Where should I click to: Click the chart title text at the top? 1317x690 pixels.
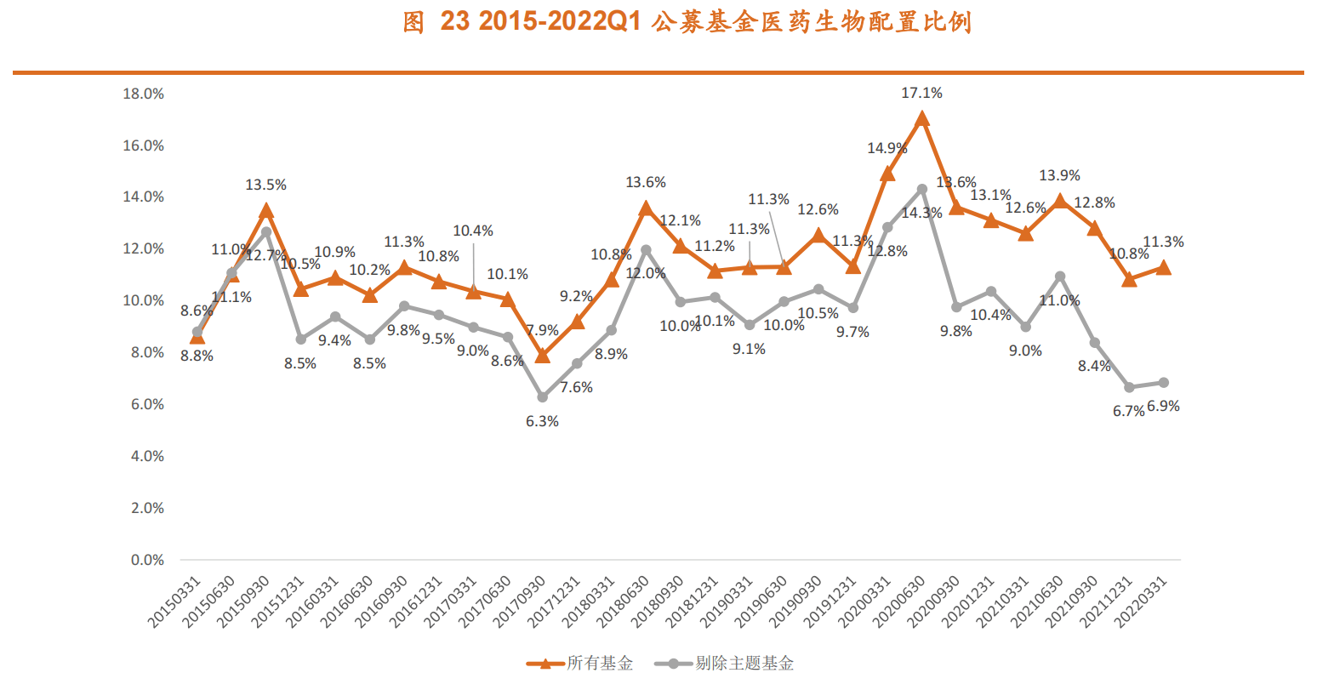(687, 22)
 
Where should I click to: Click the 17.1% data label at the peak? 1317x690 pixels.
(921, 94)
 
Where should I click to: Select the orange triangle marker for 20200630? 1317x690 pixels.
(921, 119)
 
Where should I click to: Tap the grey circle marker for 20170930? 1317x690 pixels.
(542, 397)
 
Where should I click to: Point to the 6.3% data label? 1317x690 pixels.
(542, 421)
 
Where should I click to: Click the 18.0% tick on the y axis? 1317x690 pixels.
(143, 94)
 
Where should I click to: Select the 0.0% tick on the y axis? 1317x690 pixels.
(147, 560)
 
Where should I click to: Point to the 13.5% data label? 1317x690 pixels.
(265, 185)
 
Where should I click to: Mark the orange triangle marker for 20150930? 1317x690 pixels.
(265, 211)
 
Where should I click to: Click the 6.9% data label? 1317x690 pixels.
(1163, 407)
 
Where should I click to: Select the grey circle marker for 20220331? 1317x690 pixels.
(1163, 383)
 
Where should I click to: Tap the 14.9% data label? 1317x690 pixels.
(887, 149)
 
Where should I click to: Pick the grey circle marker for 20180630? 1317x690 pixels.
(646, 250)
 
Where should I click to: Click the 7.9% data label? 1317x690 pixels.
(542, 330)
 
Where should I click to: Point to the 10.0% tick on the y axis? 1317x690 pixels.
(143, 300)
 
